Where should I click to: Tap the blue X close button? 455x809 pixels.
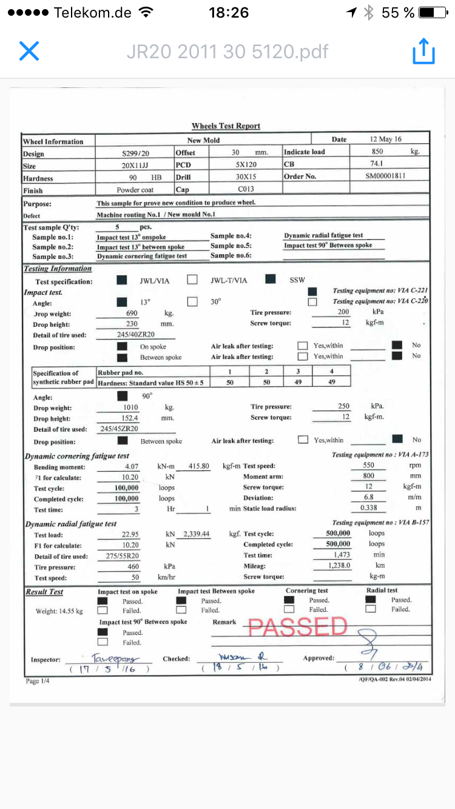point(29,51)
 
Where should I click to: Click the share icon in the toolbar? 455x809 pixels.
point(423,52)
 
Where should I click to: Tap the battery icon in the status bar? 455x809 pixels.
point(435,12)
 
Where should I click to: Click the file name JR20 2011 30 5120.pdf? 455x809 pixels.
point(227,52)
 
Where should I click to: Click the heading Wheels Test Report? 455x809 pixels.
point(226,126)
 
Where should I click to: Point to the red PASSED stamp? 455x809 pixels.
point(297,627)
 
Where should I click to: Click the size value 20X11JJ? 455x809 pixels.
point(135,166)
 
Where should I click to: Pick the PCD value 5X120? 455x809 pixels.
point(246,164)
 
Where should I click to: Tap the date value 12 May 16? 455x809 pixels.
point(385,139)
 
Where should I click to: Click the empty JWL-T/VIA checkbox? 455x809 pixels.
point(192,280)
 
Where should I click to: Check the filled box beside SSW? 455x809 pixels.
point(271,280)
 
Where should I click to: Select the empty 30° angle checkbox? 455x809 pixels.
point(192,301)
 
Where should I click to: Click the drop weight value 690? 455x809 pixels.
point(132,314)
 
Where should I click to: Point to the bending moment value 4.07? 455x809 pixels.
point(132,466)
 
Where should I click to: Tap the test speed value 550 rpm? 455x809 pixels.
point(368,466)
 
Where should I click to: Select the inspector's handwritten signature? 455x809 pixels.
point(114,658)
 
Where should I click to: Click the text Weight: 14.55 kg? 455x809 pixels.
point(59,611)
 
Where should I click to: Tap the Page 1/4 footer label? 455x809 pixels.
point(38,681)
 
